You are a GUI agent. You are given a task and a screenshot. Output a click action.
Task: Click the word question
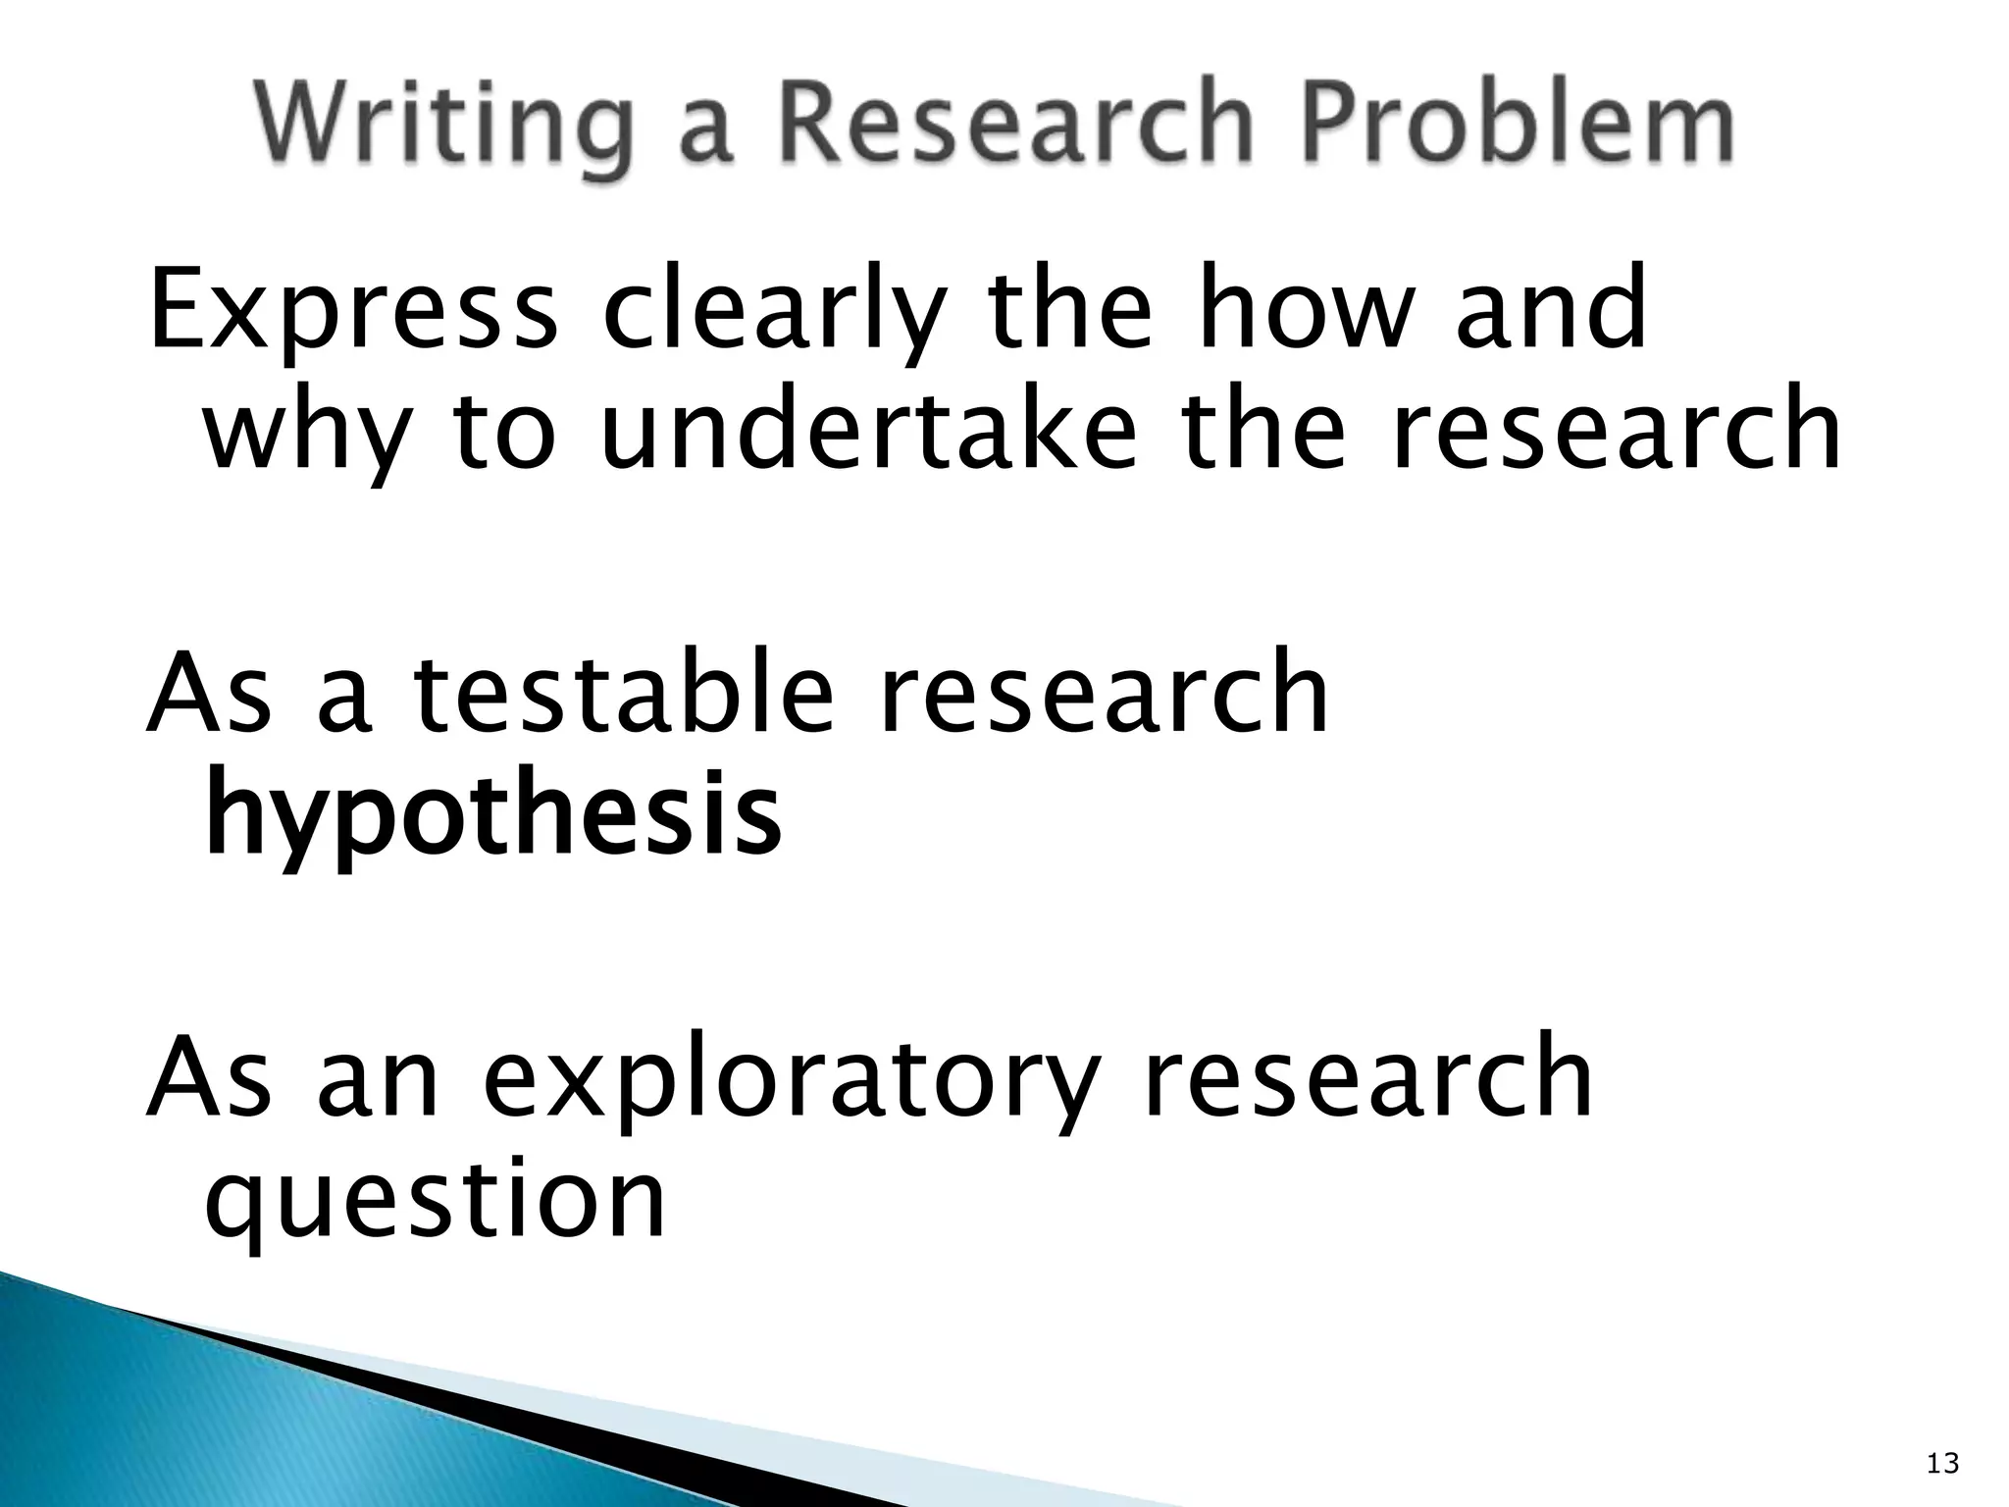click(x=436, y=1203)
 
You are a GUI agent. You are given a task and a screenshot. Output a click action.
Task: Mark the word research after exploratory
click(x=1368, y=1078)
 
